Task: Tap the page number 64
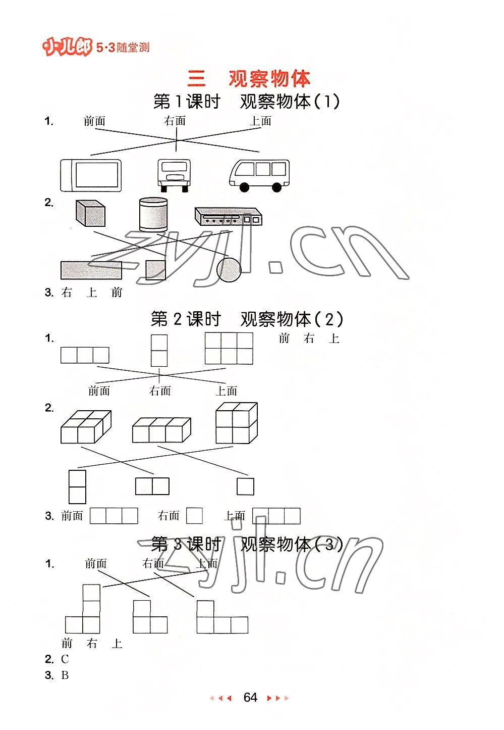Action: pos(250,698)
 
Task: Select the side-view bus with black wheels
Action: pos(259,175)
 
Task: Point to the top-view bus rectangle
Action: pos(91,175)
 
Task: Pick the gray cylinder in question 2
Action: pos(153,214)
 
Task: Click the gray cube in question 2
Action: pos(90,214)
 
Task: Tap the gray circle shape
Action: pos(229,269)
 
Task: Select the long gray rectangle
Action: pos(91,270)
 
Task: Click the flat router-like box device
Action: pos(229,216)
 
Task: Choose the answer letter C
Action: pos(65,659)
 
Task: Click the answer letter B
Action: pos(65,675)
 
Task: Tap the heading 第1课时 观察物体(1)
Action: pos(246,102)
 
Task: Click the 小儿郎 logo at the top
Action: pos(68,48)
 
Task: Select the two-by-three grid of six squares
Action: pos(229,348)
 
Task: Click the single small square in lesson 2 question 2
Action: pos(245,486)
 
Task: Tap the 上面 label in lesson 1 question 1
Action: pos(260,121)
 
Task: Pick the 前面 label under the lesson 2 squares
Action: pos(99,391)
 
